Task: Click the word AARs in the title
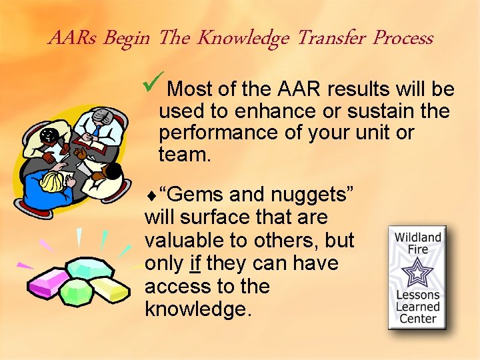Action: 69,39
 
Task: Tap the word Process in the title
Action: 403,39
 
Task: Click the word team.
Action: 184,155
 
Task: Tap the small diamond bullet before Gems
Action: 150,196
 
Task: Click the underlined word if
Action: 195,264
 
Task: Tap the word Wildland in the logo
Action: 417,238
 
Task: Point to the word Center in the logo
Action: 417,319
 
